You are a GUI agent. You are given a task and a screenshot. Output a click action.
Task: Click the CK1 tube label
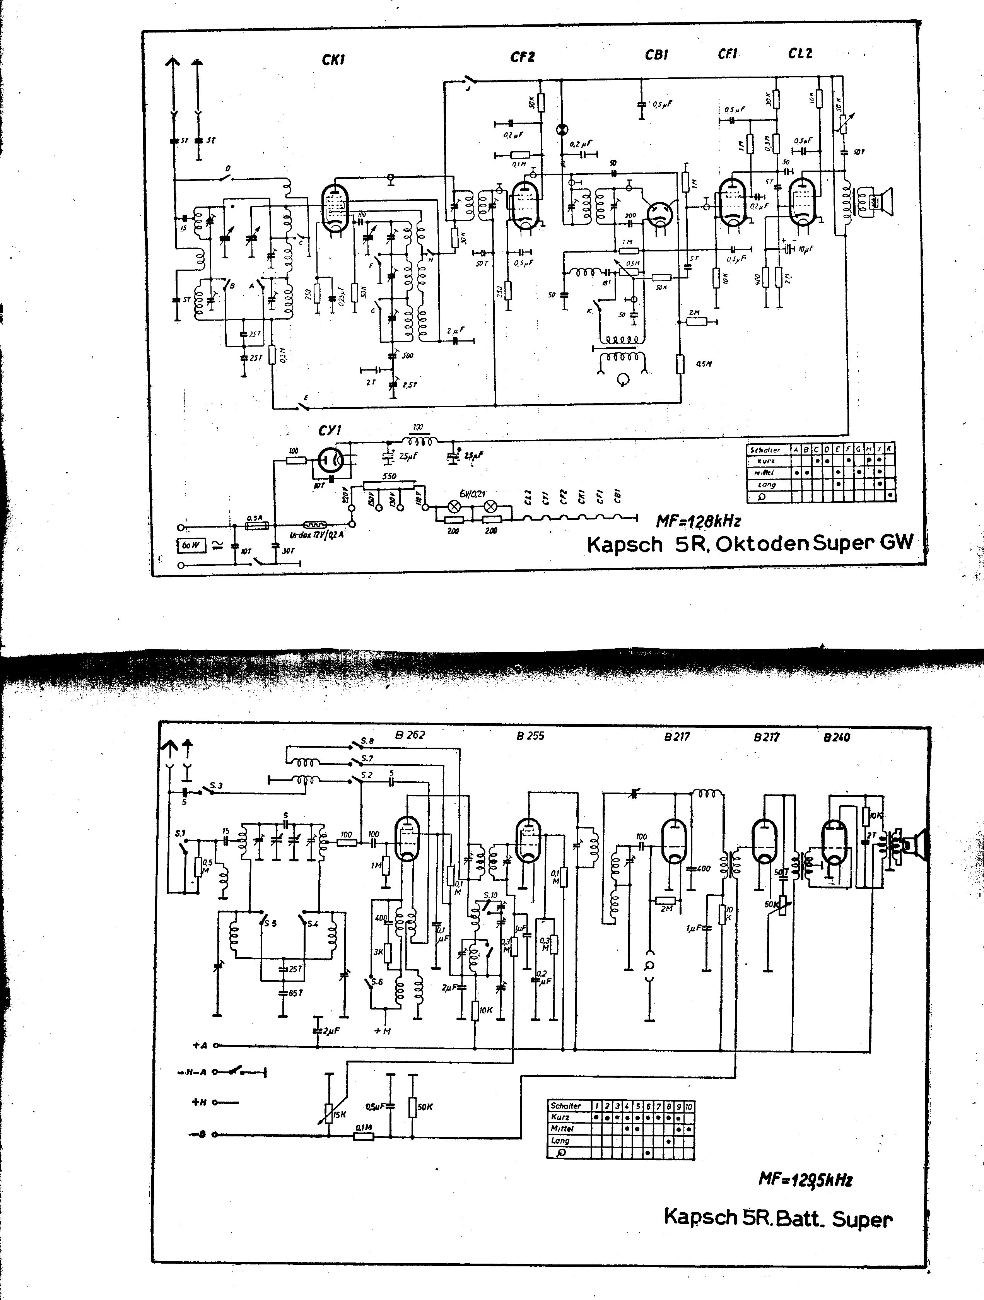pyautogui.click(x=333, y=59)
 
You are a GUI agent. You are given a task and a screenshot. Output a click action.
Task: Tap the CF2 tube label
pyautogui.click(x=522, y=57)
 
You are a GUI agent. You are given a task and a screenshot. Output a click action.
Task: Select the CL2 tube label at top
pyautogui.click(x=800, y=53)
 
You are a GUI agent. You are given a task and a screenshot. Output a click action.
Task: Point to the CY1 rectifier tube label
pyautogui.click(x=329, y=431)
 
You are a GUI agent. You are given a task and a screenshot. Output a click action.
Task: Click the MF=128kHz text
pyautogui.click(x=698, y=521)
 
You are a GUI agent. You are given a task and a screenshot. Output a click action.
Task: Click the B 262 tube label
pyautogui.click(x=410, y=735)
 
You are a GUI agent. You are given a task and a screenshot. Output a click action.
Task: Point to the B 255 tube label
pyautogui.click(x=530, y=736)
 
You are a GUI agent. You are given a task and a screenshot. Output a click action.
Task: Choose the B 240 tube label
pyautogui.click(x=837, y=737)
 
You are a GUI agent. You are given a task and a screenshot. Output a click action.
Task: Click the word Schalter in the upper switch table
pyautogui.click(x=765, y=449)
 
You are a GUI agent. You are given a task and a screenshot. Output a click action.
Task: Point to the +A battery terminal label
pyautogui.click(x=200, y=1045)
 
